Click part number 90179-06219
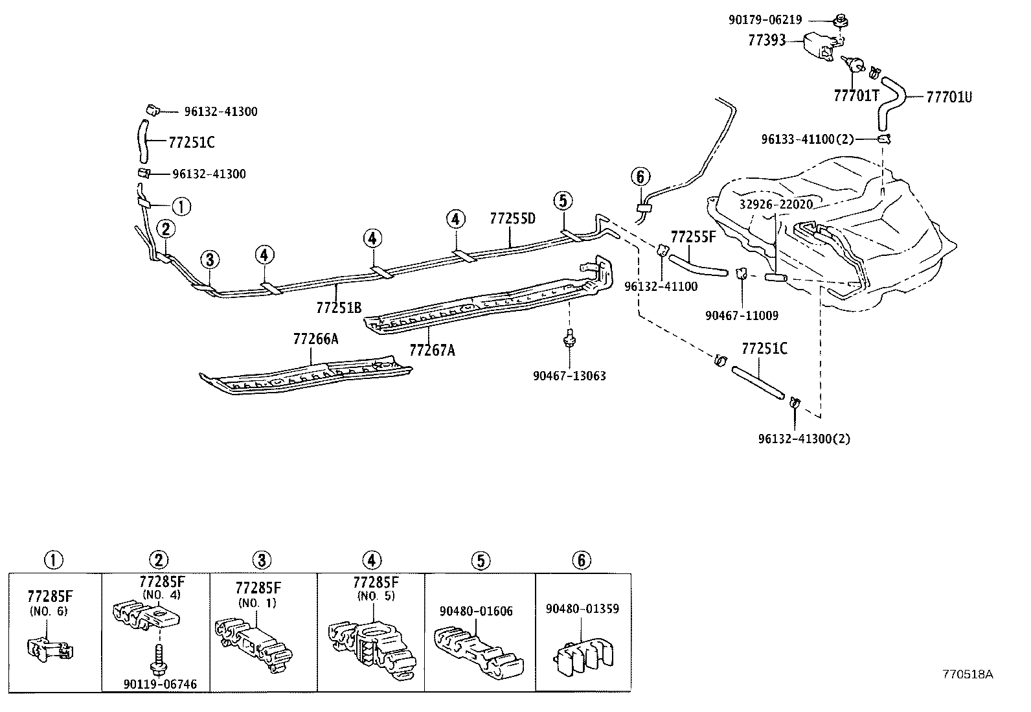tap(765, 20)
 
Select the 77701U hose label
tap(949, 97)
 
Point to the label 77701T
tap(856, 96)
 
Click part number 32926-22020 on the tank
tap(776, 204)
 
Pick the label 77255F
tap(693, 236)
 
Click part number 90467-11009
tap(742, 316)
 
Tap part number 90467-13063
tap(569, 376)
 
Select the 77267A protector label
tap(432, 350)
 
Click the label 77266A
tap(315, 339)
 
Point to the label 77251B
tap(339, 308)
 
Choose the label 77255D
tap(512, 218)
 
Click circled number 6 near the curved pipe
tap(639, 176)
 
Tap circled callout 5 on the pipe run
tap(563, 201)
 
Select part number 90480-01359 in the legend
tap(582, 609)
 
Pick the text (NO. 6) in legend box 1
tap(49, 610)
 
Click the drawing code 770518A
tap(968, 674)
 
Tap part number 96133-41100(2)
tap(808, 139)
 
